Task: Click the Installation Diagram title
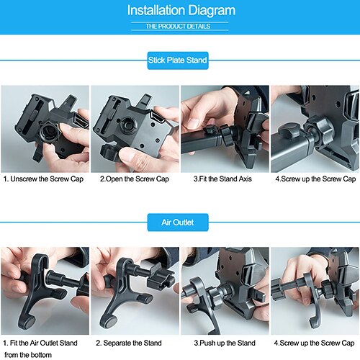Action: click(x=181, y=10)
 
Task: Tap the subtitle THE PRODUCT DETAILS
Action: click(x=178, y=26)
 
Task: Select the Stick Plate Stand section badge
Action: click(x=178, y=60)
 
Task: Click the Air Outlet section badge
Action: click(x=178, y=222)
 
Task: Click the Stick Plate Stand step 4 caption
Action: click(x=315, y=179)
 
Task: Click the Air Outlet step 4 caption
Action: click(x=314, y=343)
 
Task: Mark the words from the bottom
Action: click(x=28, y=355)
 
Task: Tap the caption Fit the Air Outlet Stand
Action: click(x=40, y=343)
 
